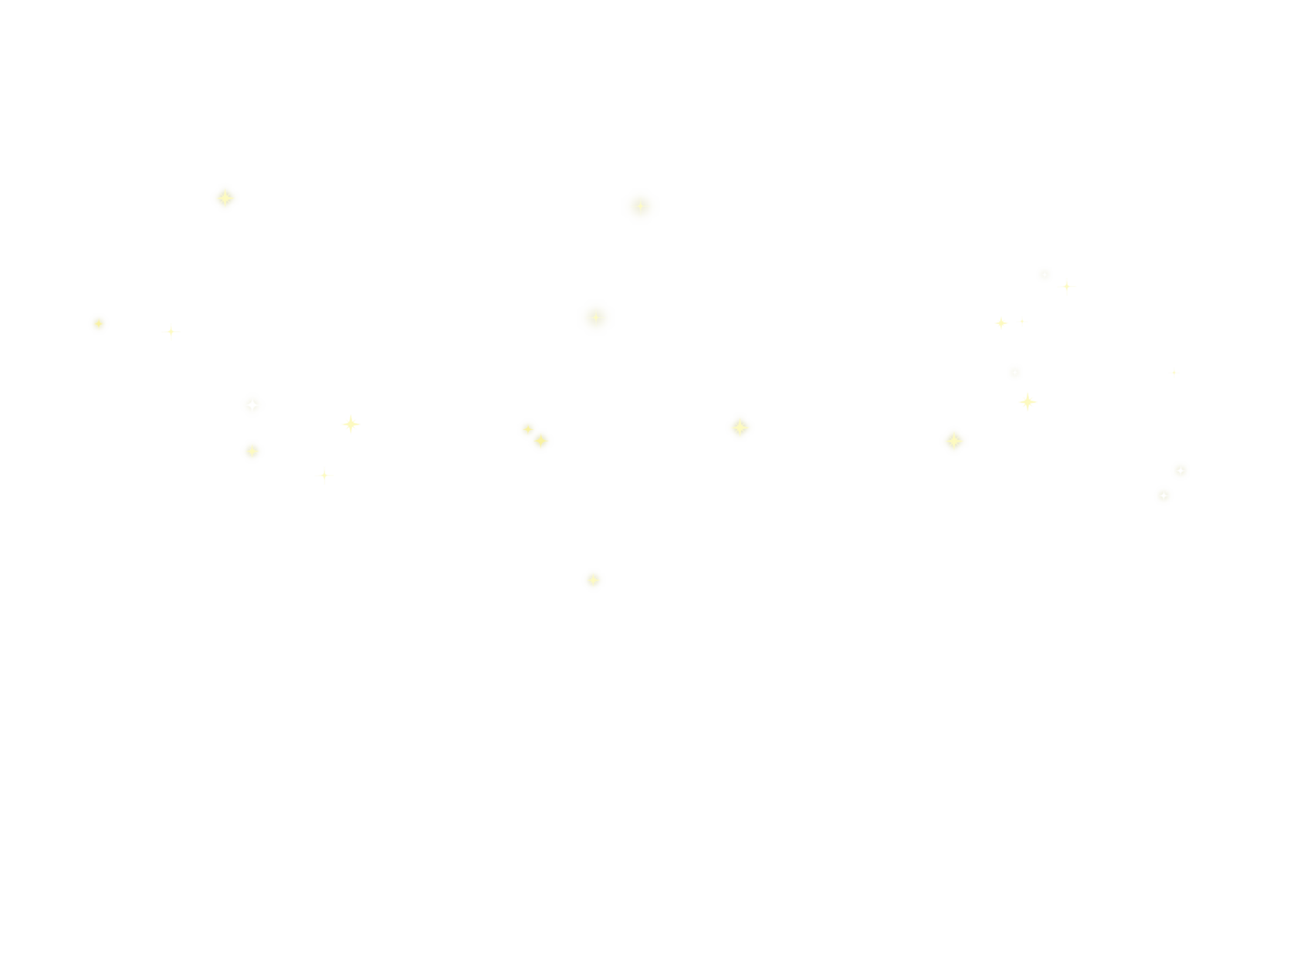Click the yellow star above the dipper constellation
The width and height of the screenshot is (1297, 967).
click(x=225, y=198)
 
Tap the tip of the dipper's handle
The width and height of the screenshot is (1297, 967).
click(x=98, y=324)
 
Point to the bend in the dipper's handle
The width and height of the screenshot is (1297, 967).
click(x=171, y=331)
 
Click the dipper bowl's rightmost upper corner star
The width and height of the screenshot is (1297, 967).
click(x=351, y=424)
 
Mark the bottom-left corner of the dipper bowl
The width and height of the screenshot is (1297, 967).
click(x=251, y=451)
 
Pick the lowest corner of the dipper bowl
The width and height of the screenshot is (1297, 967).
click(x=325, y=475)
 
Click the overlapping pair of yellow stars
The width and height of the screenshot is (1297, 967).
click(x=535, y=435)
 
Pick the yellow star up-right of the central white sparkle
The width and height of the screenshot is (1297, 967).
click(x=740, y=427)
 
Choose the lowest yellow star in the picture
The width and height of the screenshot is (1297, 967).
click(x=593, y=580)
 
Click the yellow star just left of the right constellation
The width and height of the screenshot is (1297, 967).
click(x=954, y=441)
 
